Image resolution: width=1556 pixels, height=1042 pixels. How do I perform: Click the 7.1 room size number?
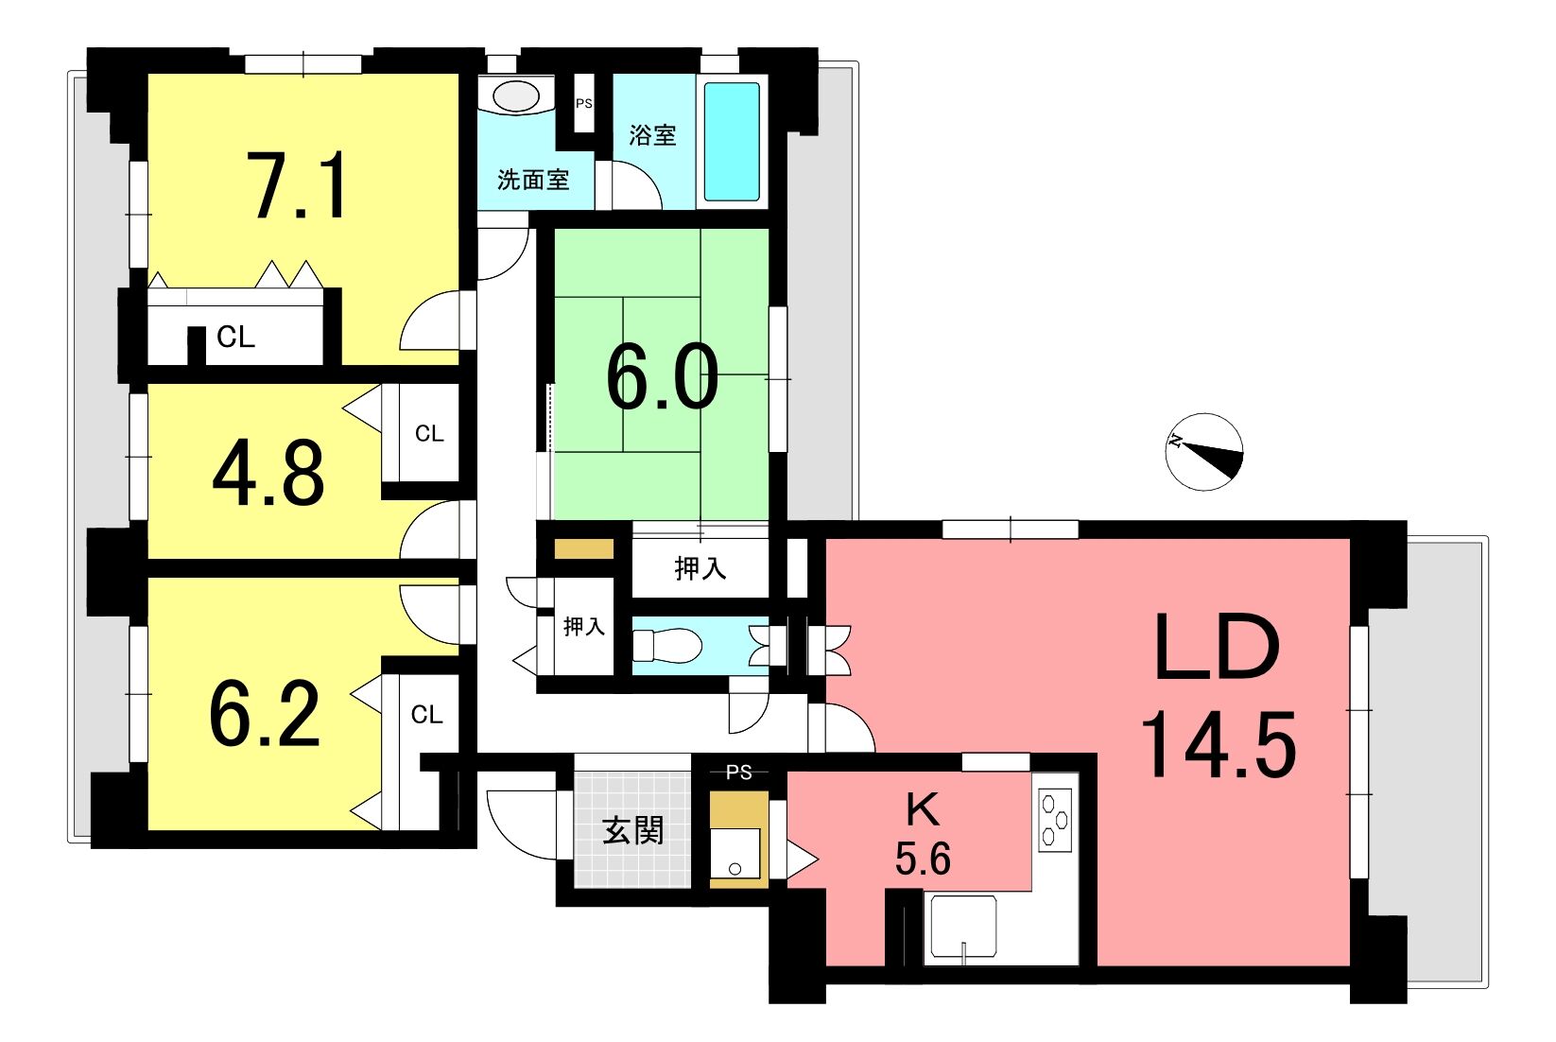[300, 185]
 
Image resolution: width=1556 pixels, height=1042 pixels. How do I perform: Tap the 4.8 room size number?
[268, 474]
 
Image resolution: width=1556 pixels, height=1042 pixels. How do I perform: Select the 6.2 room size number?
[266, 714]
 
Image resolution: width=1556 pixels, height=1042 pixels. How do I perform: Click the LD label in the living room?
[1217, 648]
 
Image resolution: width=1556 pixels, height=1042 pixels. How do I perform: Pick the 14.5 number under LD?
[1219, 745]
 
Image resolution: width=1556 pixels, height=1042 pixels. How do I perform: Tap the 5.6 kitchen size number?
[923, 859]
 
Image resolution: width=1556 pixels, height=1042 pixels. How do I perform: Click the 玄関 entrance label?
[632, 831]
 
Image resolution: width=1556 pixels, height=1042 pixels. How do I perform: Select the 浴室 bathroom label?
[652, 135]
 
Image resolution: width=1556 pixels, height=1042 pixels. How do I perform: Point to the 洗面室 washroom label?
[533, 180]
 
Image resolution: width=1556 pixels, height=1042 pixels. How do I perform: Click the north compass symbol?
[1203, 452]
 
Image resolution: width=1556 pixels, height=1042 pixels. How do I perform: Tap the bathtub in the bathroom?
[733, 142]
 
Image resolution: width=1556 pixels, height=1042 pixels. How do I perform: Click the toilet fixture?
[666, 646]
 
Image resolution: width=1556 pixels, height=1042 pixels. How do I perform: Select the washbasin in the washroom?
[516, 96]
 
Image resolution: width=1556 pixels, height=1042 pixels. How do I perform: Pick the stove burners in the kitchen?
[1055, 820]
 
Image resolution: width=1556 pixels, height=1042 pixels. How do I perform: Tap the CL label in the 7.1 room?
[235, 337]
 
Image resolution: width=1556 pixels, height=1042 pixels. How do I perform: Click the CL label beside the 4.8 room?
[428, 433]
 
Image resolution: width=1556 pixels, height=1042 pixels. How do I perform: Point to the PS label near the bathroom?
[584, 103]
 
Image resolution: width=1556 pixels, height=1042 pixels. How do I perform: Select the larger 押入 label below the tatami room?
[700, 569]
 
